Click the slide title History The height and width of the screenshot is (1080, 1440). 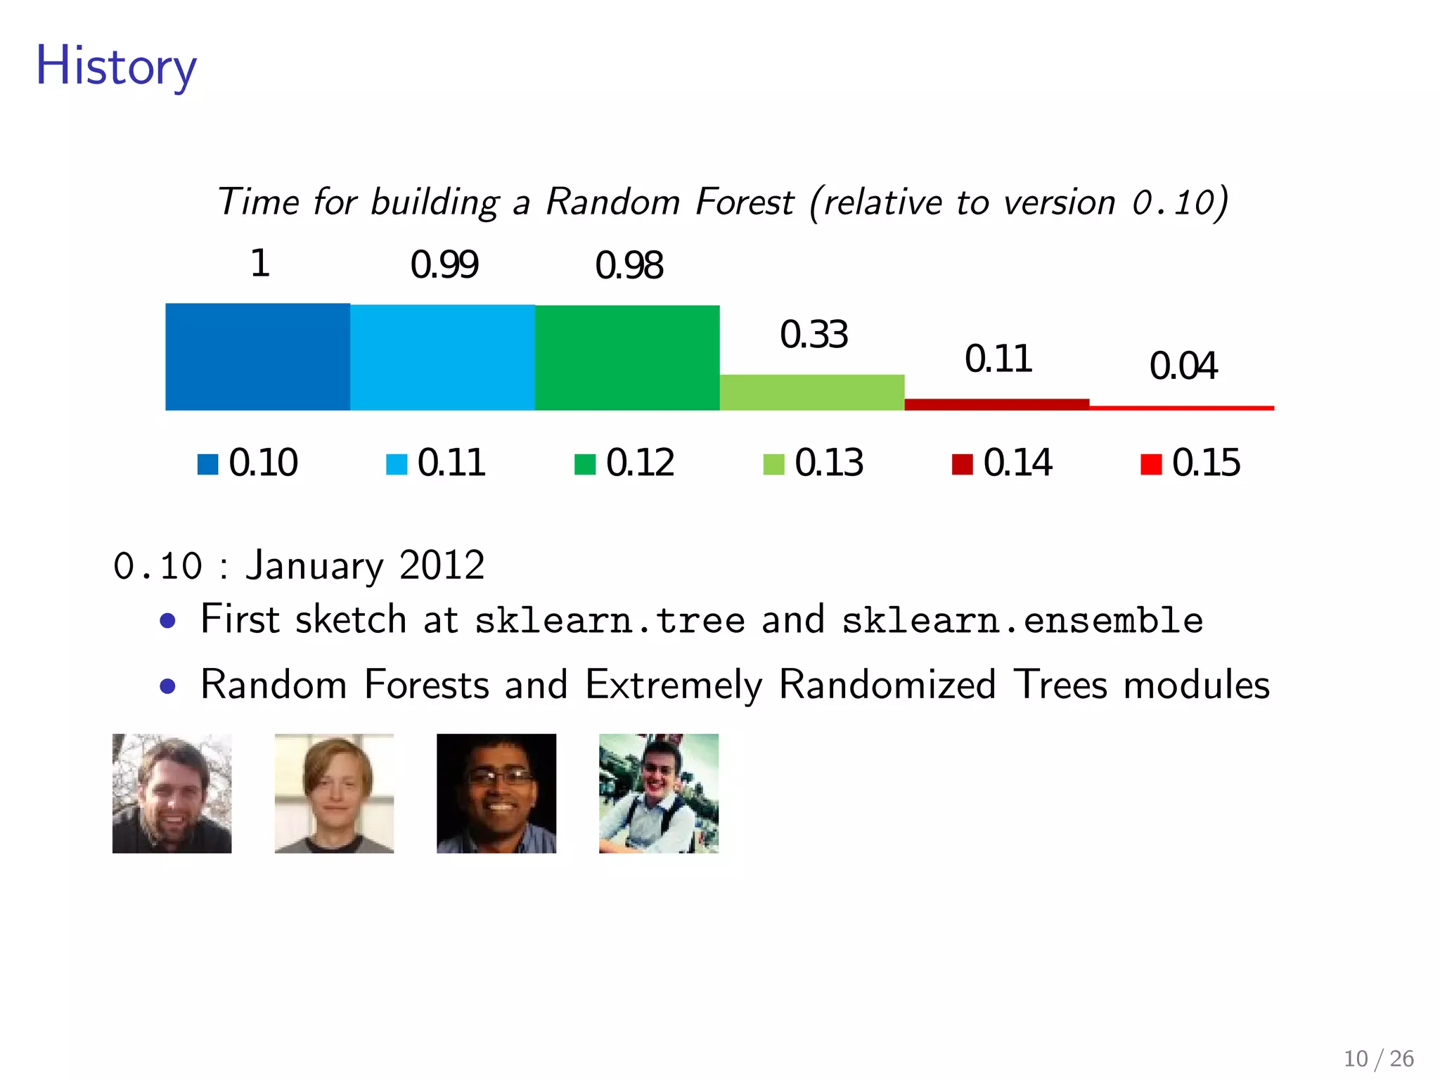pyautogui.click(x=116, y=65)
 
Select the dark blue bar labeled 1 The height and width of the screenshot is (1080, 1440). pyautogui.click(x=257, y=356)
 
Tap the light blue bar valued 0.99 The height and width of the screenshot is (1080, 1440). pyautogui.click(x=442, y=357)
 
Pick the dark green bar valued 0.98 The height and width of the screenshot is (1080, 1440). pyautogui.click(x=627, y=357)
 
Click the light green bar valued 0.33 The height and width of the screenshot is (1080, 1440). pyautogui.click(x=812, y=392)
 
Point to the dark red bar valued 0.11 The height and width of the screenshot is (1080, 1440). pyautogui.click(x=997, y=404)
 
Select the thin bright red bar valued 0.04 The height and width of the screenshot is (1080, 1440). pyautogui.click(x=1182, y=408)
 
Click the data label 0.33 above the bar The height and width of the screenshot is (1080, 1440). pyautogui.click(x=814, y=335)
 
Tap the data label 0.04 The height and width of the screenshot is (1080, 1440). pyautogui.click(x=1183, y=366)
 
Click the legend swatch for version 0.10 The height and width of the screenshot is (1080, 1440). pyautogui.click(x=207, y=465)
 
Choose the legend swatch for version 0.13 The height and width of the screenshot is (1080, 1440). pyautogui.click(x=773, y=465)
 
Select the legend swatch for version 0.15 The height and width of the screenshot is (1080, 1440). pyautogui.click(x=1151, y=465)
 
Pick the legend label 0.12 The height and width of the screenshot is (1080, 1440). pyautogui.click(x=640, y=463)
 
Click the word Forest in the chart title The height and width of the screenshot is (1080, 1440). pyautogui.click(x=745, y=202)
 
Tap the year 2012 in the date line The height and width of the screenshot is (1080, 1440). pyautogui.click(x=442, y=565)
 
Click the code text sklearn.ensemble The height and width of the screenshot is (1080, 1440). pyautogui.click(x=1022, y=620)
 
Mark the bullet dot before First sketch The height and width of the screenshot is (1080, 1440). pyautogui.click(x=167, y=621)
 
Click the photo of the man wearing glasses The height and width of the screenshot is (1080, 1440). pyautogui.click(x=496, y=793)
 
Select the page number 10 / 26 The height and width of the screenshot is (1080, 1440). pyautogui.click(x=1378, y=1058)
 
